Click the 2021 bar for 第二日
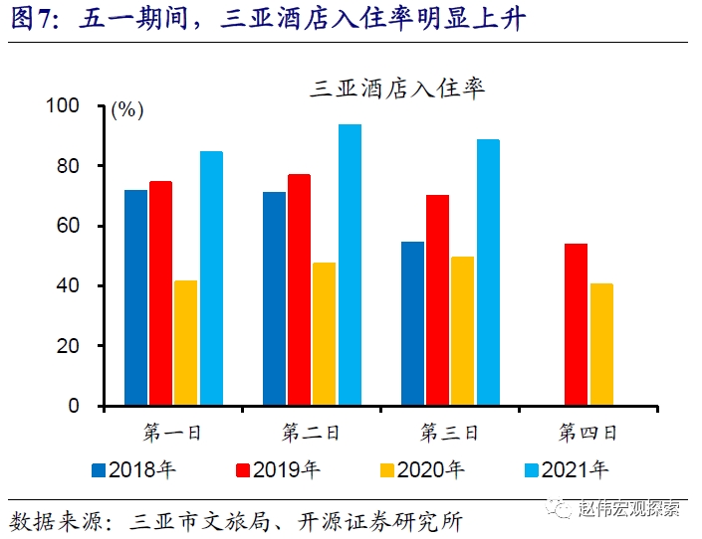pos(350,265)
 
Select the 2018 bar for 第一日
pos(135,297)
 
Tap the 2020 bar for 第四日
pos(601,344)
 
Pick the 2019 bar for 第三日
pos(437,300)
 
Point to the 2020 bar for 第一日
pos(186,343)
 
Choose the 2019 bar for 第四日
pos(576,324)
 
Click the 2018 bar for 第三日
pos(412,323)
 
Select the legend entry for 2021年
pos(564,467)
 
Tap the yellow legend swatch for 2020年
pos(383,467)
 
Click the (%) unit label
pos(127,110)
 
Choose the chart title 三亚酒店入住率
pos(397,89)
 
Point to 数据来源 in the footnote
pos(46,520)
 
